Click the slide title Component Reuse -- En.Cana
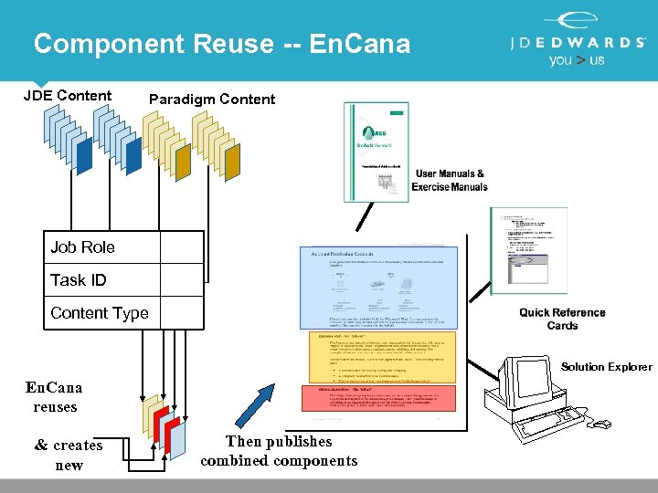click(x=222, y=44)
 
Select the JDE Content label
click(x=68, y=95)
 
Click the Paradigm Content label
click(x=211, y=99)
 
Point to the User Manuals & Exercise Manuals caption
click(x=451, y=180)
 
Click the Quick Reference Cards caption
click(x=562, y=319)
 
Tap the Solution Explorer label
click(x=606, y=367)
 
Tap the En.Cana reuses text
click(x=55, y=397)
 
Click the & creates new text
click(x=69, y=455)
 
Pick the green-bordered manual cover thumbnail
click(x=376, y=152)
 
